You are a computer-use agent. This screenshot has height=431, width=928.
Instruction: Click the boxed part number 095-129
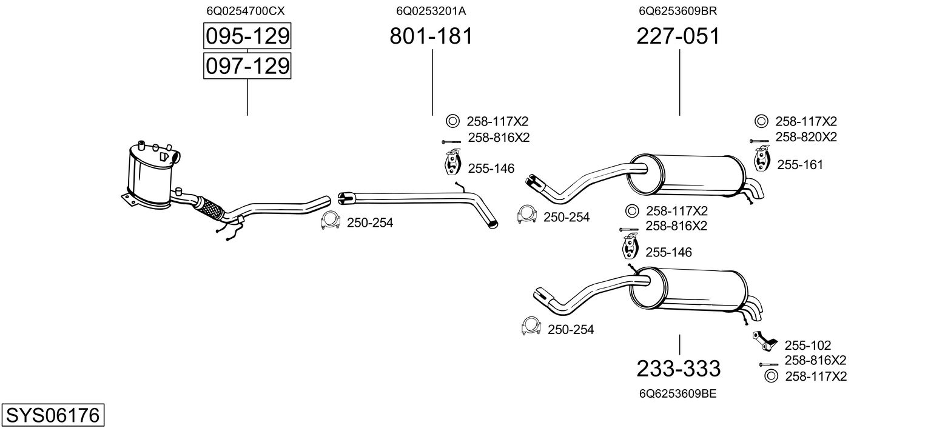[247, 36]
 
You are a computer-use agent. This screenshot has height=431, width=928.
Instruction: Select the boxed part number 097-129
[247, 65]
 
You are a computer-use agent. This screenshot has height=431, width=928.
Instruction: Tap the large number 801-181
[431, 36]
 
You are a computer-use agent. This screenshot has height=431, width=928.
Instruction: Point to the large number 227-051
[678, 36]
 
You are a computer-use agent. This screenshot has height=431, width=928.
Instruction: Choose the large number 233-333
[678, 368]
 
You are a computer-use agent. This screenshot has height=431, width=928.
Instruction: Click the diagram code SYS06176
[52, 416]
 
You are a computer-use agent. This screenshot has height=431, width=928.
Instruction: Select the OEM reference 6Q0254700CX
[246, 11]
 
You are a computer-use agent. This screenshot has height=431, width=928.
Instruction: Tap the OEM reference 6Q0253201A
[431, 11]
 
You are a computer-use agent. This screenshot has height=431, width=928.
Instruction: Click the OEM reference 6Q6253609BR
[678, 11]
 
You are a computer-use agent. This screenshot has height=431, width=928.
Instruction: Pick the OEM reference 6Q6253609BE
[678, 393]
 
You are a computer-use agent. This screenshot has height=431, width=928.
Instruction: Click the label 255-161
[800, 164]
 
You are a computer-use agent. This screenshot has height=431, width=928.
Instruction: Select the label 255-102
[808, 345]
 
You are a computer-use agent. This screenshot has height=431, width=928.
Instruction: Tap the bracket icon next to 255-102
[764, 341]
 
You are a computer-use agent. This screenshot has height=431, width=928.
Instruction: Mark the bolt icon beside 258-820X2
[759, 141]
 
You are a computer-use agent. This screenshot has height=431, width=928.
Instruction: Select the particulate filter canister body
[149, 176]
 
